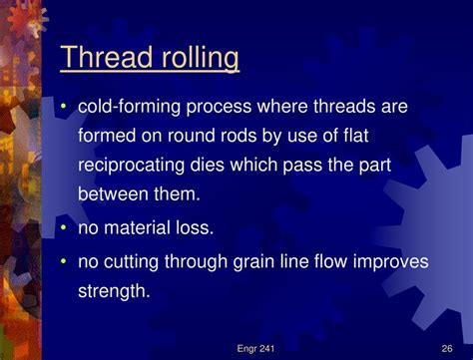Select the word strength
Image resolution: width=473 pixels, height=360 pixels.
pos(115,292)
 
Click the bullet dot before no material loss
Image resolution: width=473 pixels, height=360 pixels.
pos(65,228)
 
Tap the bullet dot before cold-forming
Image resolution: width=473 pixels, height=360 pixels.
pos(65,106)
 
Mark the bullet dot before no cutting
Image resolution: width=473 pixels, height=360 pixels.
pos(65,261)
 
